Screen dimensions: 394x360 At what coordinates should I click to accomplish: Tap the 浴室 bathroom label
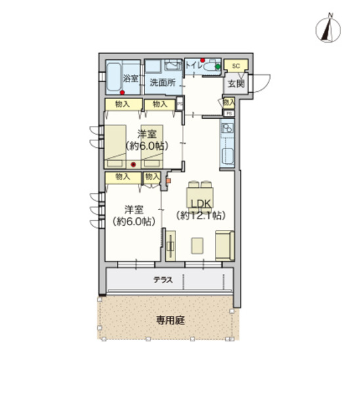[x=131, y=79]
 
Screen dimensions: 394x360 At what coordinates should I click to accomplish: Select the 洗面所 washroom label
[x=162, y=83]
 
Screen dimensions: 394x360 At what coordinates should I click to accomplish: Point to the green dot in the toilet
[x=217, y=66]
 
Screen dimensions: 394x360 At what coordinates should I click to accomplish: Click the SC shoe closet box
[x=235, y=66]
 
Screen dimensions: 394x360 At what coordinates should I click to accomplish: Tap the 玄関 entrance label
[x=235, y=83]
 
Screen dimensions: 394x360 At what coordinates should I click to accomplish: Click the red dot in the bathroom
[x=123, y=92]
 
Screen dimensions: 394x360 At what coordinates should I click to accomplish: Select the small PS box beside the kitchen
[x=229, y=114]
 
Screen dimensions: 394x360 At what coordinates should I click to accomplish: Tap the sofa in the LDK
[x=224, y=246]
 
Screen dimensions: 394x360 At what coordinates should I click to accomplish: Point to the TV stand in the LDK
[x=170, y=246]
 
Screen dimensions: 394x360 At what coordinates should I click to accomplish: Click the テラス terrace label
[x=163, y=280]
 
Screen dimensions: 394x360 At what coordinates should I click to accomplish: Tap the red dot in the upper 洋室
[x=133, y=164]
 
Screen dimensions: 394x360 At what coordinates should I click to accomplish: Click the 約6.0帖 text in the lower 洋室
[x=135, y=222]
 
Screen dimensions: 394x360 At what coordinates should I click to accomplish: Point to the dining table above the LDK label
[x=199, y=186]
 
